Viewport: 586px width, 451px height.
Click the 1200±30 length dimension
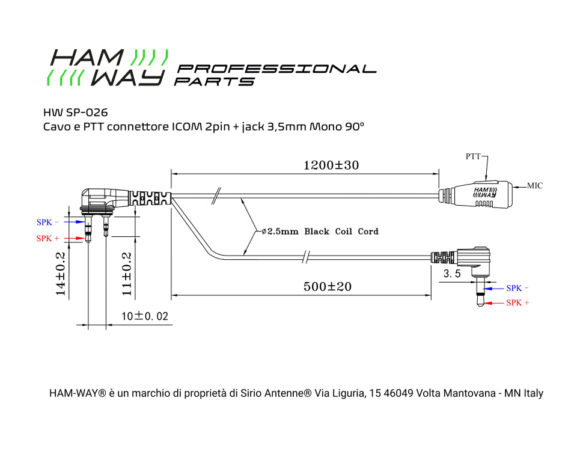coord(331,165)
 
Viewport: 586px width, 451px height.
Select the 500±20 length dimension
coord(327,287)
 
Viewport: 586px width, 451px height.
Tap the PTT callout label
coord(473,156)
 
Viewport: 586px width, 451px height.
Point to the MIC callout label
coord(535,186)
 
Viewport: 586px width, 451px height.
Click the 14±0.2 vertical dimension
coord(60,274)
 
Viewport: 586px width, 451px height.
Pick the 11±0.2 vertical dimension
coord(127,274)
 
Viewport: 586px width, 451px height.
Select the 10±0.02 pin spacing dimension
coord(144,316)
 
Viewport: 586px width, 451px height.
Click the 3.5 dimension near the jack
coord(452,274)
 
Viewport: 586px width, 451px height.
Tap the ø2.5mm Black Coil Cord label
coord(320,231)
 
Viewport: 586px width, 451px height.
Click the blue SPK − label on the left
coord(48,222)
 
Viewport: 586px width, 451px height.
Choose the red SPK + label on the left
coord(48,239)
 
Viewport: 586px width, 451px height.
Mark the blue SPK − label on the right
coord(517,289)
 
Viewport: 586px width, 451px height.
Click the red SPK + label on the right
coord(517,303)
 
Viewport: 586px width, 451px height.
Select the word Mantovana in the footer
coord(466,393)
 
